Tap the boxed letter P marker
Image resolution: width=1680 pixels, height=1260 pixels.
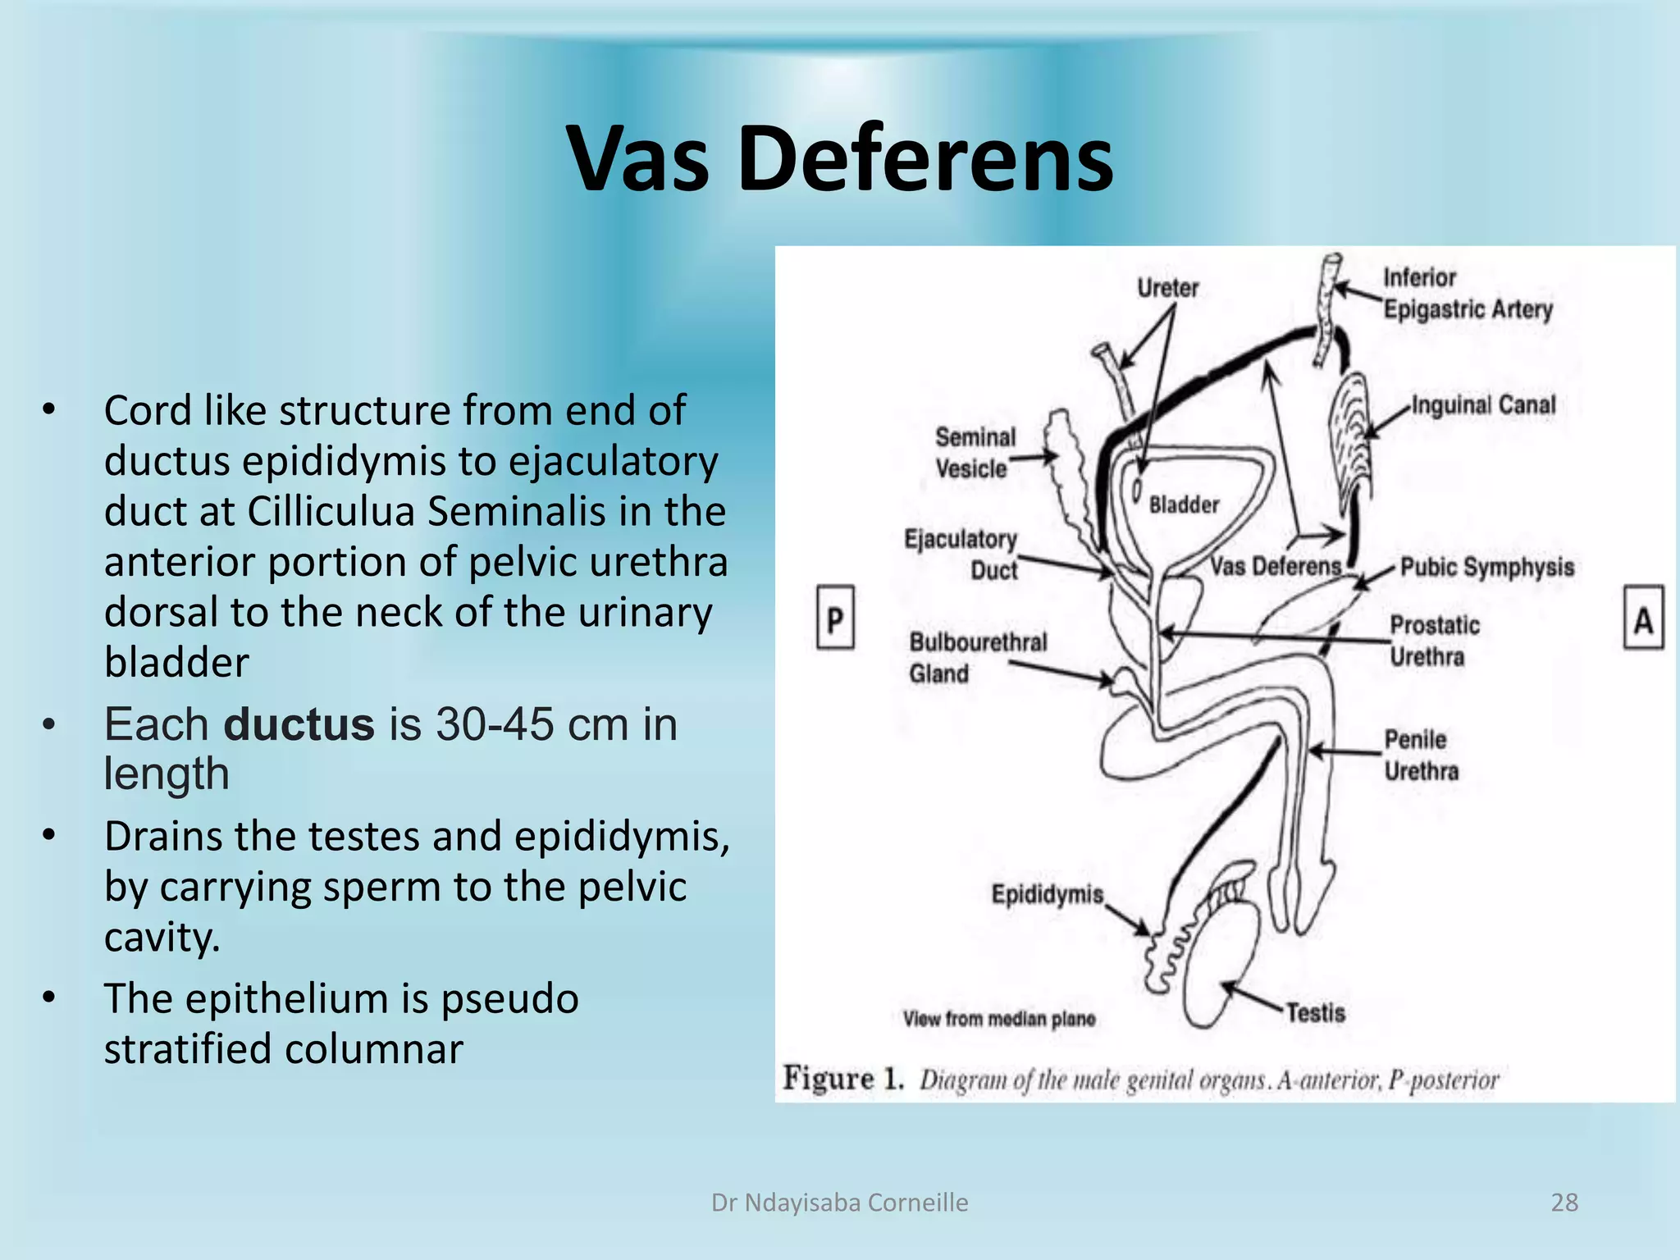pyautogui.click(x=835, y=618)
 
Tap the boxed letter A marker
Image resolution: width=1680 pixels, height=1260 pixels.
pyautogui.click(x=1643, y=618)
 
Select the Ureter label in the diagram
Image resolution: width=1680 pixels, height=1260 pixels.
pyautogui.click(x=1167, y=288)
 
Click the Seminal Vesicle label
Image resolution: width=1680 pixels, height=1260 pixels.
pyautogui.click(x=975, y=453)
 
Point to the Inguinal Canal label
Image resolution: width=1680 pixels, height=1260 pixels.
pyautogui.click(x=1483, y=405)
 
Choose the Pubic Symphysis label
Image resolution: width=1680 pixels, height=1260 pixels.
pyautogui.click(x=1486, y=567)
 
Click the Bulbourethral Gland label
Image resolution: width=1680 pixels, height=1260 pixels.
pyautogui.click(x=977, y=658)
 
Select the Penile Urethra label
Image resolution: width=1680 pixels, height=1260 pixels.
pyautogui.click(x=1422, y=756)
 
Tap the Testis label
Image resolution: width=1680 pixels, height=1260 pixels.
pyautogui.click(x=1316, y=1013)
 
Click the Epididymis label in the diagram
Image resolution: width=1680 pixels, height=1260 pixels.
pyautogui.click(x=1048, y=894)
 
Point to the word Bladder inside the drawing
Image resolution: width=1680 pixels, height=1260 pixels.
pyautogui.click(x=1184, y=504)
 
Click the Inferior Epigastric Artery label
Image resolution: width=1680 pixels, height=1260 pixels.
pyautogui.click(x=1467, y=294)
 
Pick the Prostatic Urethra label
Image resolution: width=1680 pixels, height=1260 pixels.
pyautogui.click(x=1434, y=641)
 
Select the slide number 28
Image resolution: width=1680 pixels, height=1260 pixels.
pyautogui.click(x=1564, y=1203)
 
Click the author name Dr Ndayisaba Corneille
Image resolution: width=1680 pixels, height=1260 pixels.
pyautogui.click(x=839, y=1203)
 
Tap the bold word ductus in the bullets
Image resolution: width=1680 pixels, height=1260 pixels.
pyautogui.click(x=299, y=724)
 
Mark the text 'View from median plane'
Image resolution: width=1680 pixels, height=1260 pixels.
pyautogui.click(x=999, y=1019)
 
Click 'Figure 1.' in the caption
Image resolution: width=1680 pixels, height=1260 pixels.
pyautogui.click(x=843, y=1078)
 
